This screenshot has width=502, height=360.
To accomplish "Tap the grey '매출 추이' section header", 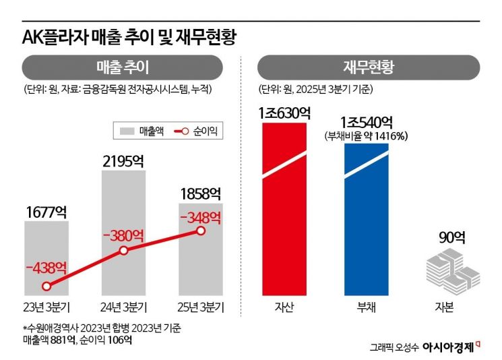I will pos(123,67).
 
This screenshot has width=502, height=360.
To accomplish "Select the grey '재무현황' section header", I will pos(369,67).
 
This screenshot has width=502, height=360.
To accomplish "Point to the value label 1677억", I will pos(46,212).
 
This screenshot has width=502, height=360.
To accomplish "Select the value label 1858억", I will pos(201,193).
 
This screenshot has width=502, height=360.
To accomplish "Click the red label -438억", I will pos(46,267).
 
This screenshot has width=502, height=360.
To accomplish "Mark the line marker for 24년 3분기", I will pos(123,251).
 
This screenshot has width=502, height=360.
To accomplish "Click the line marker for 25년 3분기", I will pos(201,231).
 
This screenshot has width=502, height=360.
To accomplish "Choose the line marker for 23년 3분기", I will pos(46,286).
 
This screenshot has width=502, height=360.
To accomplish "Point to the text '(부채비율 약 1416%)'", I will pos(367,136).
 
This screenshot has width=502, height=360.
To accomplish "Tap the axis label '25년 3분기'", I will pos(201,307).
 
